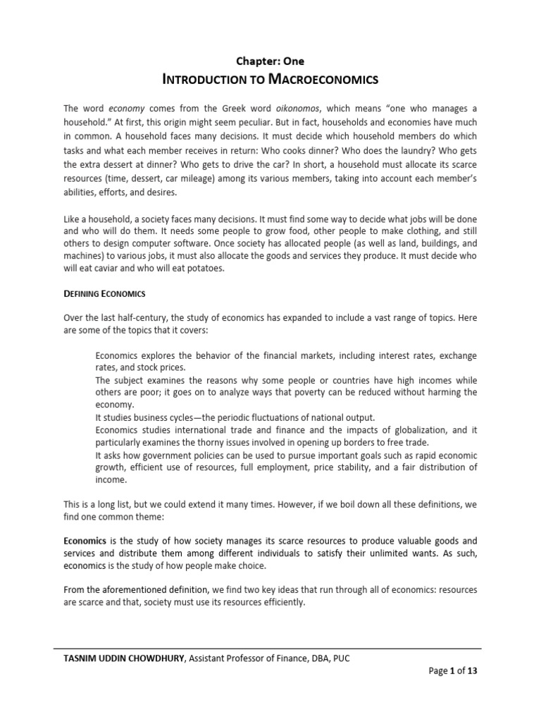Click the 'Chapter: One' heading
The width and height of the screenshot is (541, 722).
tap(270, 61)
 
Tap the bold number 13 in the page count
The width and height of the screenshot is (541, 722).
tap(472, 671)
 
